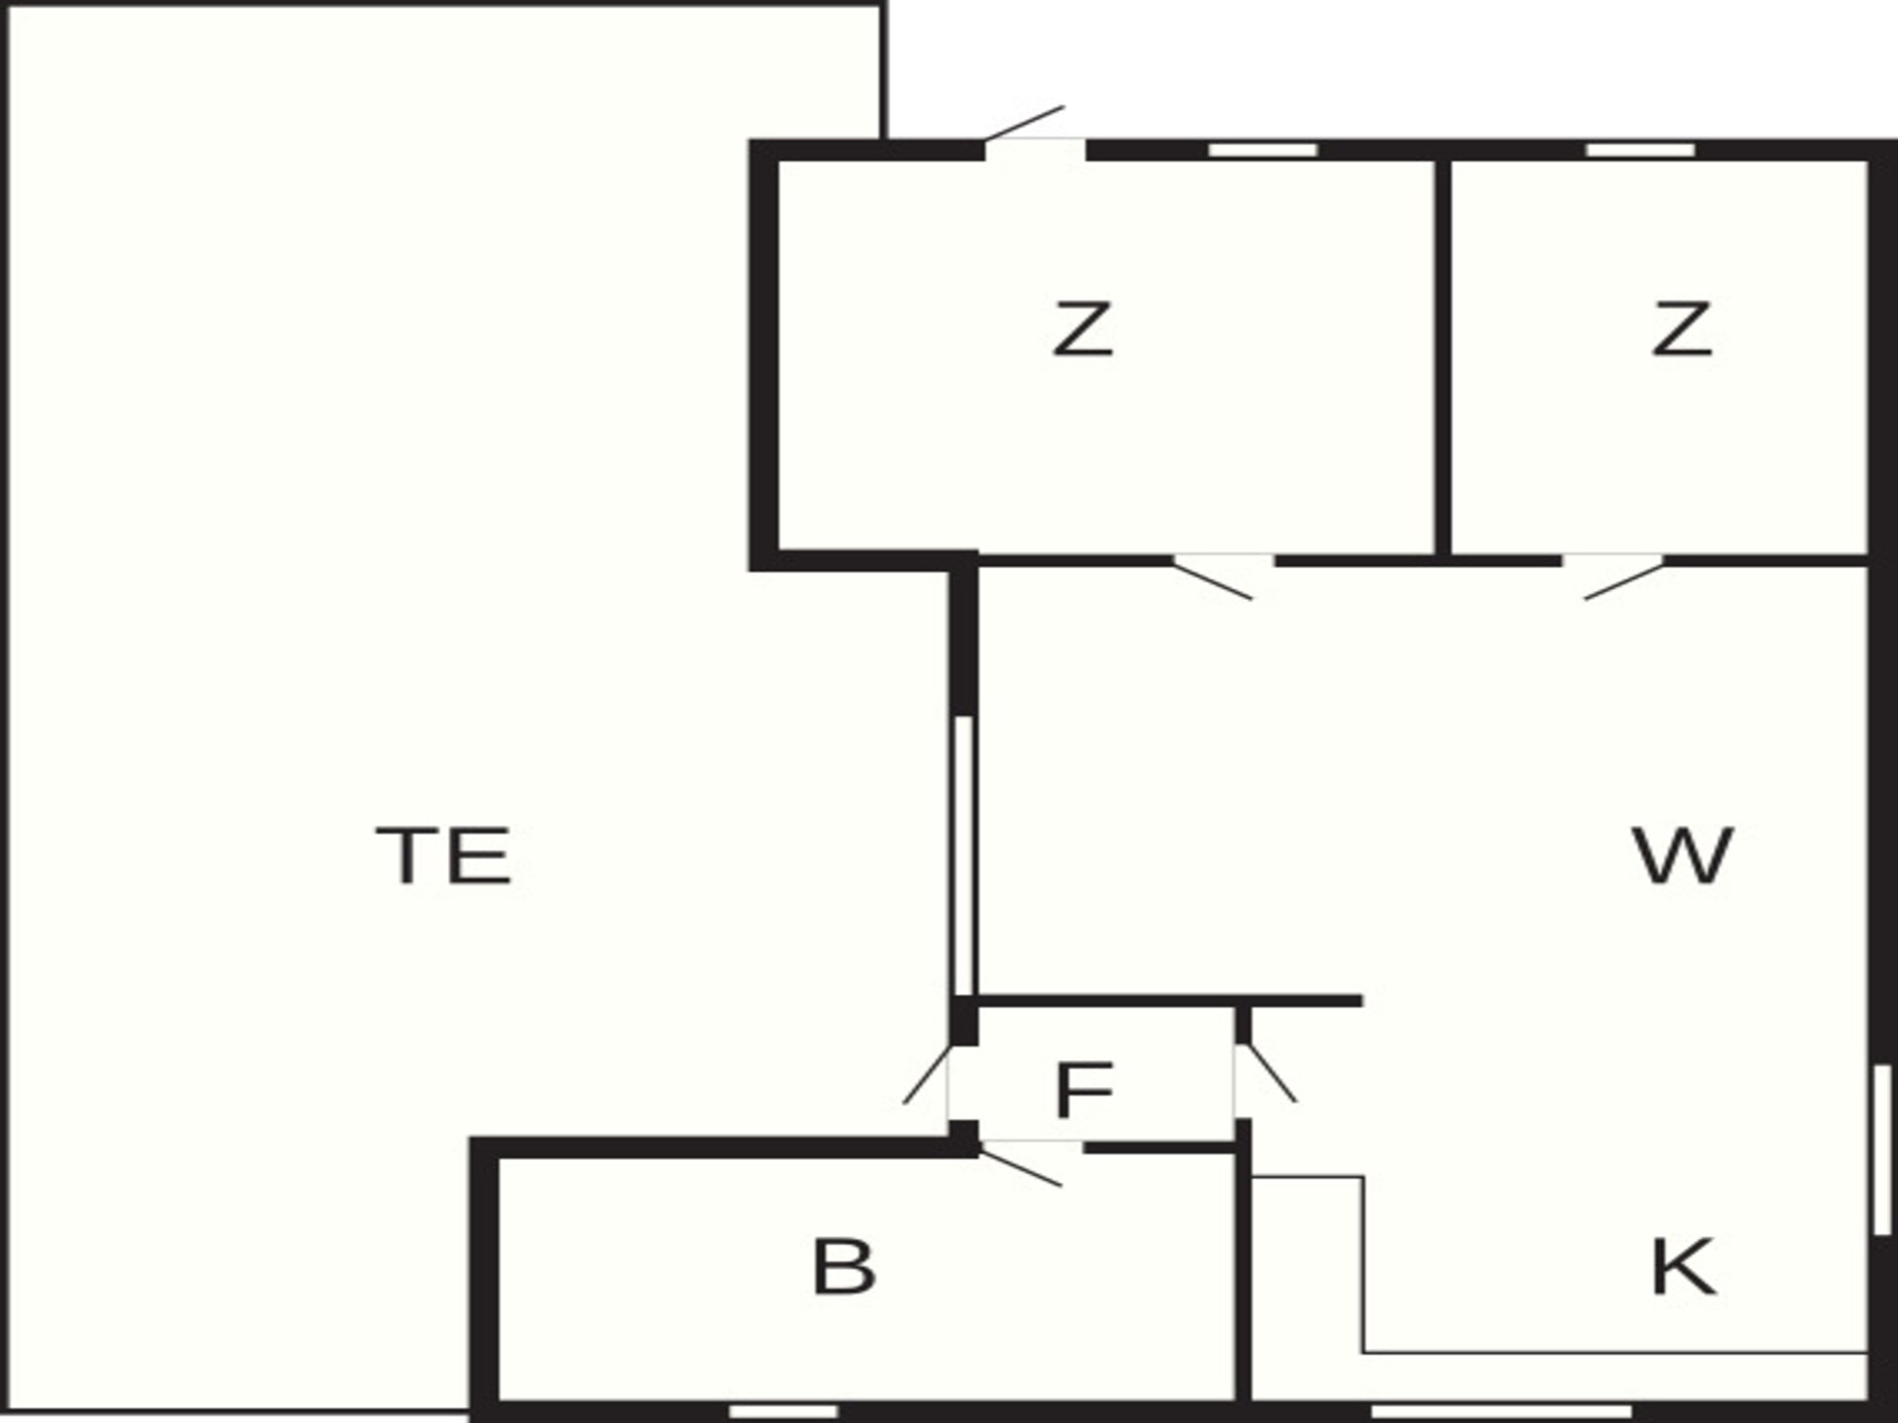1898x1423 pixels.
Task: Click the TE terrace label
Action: [x=444, y=856]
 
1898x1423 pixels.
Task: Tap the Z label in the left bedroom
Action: [x=1082, y=329]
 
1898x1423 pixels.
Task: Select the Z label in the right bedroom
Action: [x=1682, y=329]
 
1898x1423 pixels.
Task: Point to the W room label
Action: [x=1682, y=856]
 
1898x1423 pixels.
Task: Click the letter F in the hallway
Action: [x=1084, y=1090]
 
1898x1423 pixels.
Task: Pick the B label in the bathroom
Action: [x=843, y=1267]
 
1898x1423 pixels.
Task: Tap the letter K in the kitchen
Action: [x=1683, y=1267]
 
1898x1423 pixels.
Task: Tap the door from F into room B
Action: [x=1028, y=1162]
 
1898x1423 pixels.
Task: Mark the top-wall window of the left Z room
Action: [x=1263, y=150]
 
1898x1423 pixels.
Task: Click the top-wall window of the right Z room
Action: [x=1641, y=150]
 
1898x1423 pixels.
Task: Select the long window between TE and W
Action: [x=964, y=855]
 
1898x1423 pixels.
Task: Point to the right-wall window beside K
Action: [x=1882, y=1149]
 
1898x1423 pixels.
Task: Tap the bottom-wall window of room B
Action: [x=783, y=1411]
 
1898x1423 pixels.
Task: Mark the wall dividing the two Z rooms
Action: [x=1443, y=357]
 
